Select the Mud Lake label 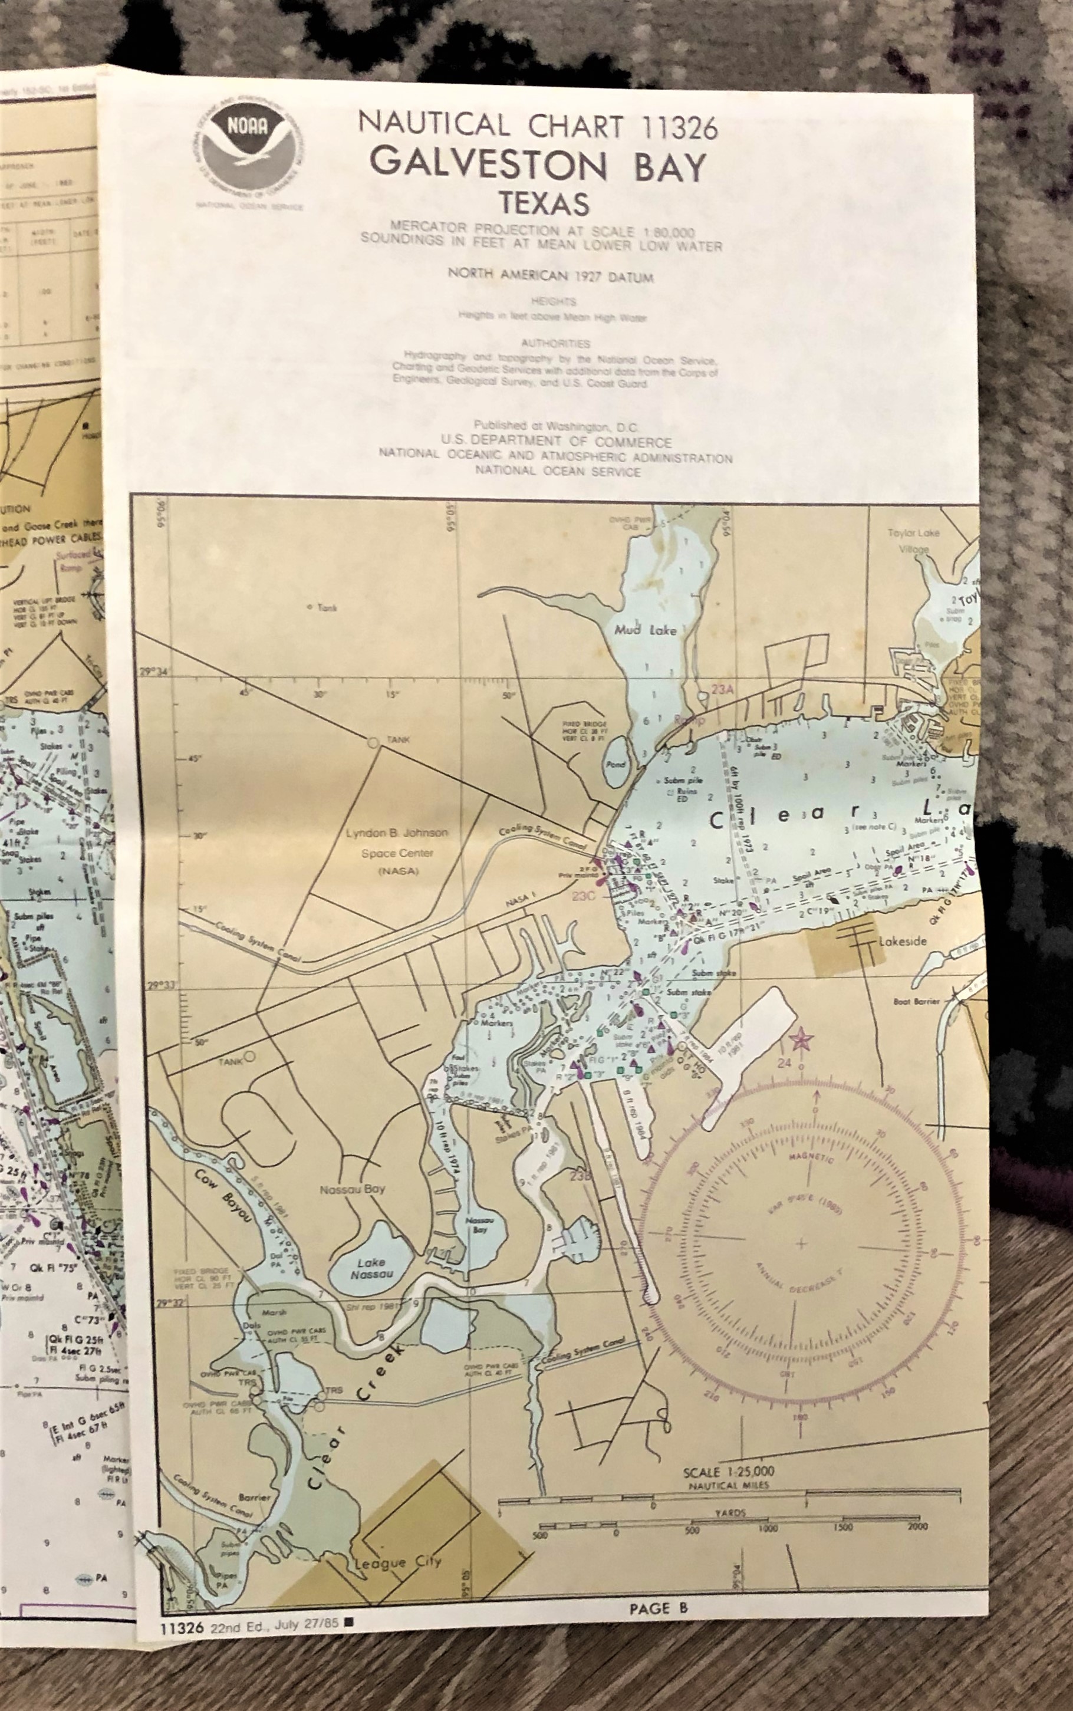pyautogui.click(x=646, y=630)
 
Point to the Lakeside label pyautogui.click(x=903, y=942)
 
